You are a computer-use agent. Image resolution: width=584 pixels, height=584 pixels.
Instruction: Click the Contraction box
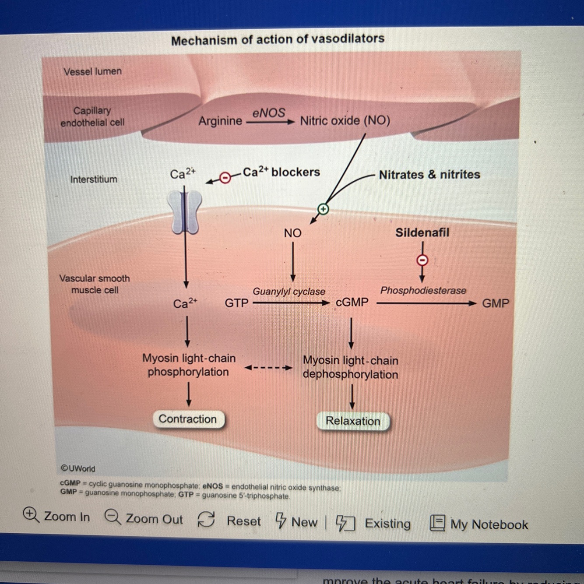coord(188,419)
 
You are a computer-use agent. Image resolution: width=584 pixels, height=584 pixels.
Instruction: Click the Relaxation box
coord(353,421)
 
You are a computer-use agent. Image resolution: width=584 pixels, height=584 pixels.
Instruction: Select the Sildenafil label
coord(422,232)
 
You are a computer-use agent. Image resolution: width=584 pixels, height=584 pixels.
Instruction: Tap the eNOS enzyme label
coord(268,113)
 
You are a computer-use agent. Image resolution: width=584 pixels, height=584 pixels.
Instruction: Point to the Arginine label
coord(220,121)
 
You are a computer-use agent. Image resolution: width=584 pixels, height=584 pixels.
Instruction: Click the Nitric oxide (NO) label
coord(345,120)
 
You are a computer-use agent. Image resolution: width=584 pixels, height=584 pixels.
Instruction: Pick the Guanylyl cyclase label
coord(289,292)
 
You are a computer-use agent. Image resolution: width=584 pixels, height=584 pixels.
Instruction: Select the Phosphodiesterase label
coord(423,291)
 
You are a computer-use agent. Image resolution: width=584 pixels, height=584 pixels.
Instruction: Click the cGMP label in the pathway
coord(352,303)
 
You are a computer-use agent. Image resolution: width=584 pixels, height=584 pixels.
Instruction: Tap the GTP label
coord(236,303)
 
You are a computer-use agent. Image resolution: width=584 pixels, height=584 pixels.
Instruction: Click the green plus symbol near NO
coord(323,209)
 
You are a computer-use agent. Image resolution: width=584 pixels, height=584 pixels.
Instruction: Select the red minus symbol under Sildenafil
coord(422,260)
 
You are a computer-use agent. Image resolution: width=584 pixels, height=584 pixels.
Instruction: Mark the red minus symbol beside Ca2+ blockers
coord(225,178)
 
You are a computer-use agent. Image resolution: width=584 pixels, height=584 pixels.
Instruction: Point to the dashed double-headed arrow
coord(268,368)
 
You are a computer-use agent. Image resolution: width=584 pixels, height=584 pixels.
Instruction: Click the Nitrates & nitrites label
coord(429,175)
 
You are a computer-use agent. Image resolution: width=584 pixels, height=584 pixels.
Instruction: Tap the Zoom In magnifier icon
coord(31,514)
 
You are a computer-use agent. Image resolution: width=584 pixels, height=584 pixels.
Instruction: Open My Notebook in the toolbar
coord(480,524)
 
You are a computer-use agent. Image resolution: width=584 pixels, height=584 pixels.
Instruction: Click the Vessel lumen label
coord(92,71)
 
